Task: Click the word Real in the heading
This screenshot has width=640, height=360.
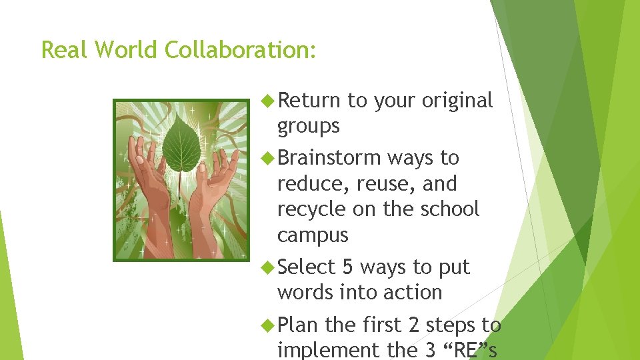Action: tap(66, 50)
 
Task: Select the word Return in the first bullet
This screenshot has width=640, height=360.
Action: tap(309, 100)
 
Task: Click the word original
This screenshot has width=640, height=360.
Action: tap(454, 100)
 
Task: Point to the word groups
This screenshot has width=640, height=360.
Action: tap(308, 127)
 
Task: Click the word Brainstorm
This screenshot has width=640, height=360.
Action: tap(329, 158)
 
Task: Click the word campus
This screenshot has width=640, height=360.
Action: tap(313, 235)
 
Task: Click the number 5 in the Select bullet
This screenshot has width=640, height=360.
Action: tap(347, 267)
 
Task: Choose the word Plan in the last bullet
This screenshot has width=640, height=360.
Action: tap(299, 325)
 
